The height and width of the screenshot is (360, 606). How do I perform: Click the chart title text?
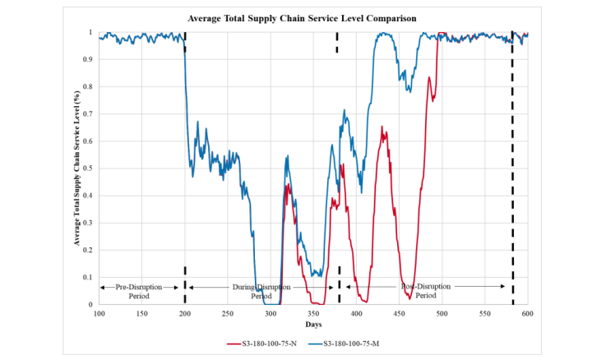point(303,16)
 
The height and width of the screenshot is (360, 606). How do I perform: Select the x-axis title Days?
point(313,325)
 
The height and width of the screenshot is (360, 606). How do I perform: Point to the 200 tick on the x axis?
point(185,313)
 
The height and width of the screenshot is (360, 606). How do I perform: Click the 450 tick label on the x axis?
point(399,313)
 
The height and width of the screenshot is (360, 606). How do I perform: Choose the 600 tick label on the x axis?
point(527,313)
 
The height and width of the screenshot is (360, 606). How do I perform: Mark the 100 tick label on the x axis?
point(99,313)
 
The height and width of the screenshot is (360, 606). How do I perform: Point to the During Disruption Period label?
point(260,291)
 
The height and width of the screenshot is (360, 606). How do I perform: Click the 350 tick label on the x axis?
point(313,313)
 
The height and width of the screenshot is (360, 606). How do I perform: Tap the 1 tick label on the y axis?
point(91,32)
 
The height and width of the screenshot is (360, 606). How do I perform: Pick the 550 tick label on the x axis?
point(484,313)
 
